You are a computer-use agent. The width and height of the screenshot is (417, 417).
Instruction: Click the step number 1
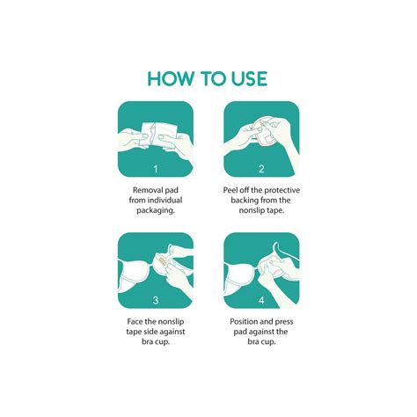pos(156,169)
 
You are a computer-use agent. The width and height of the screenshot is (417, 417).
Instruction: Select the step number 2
pos(261,169)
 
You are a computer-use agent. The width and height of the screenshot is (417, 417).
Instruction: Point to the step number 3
pos(156,300)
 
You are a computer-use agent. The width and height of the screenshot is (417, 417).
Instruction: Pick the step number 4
pos(261,300)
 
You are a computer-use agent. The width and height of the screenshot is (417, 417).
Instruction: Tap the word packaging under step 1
pos(156,210)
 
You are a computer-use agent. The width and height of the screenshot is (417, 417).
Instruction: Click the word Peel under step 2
pos(230,190)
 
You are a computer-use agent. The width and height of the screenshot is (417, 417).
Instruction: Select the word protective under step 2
pos(282,190)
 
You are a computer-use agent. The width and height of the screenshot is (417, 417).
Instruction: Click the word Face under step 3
pos(134,322)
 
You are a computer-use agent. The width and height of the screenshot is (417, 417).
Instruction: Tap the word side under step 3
pos(150,332)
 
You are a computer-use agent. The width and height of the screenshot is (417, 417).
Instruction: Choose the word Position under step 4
pos(244,322)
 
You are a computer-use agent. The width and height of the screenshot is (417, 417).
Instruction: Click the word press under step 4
pos(284,322)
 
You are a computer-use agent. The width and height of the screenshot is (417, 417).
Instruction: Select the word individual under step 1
pos(165,201)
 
